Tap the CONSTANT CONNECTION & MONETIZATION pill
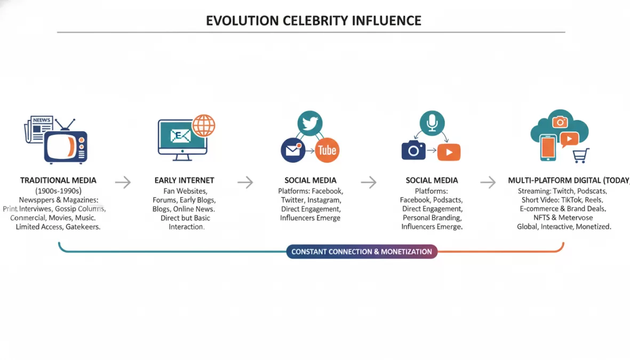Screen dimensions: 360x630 pos(362,252)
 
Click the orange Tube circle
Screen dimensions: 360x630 pos(326,150)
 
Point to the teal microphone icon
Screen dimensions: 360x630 pos(432,123)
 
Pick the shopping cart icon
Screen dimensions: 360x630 pos(580,156)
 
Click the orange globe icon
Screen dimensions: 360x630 pos(203,126)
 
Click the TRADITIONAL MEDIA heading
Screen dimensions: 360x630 pos(58,180)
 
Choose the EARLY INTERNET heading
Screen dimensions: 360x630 pos(184,180)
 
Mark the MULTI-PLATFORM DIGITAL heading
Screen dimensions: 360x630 pos(568,180)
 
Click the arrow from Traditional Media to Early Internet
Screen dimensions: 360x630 pos(123,182)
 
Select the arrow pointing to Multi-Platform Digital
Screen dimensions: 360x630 pos(488,182)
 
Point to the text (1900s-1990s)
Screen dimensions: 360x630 pos(58,190)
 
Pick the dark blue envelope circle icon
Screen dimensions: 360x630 pos(293,150)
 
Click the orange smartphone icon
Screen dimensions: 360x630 pos(548,147)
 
